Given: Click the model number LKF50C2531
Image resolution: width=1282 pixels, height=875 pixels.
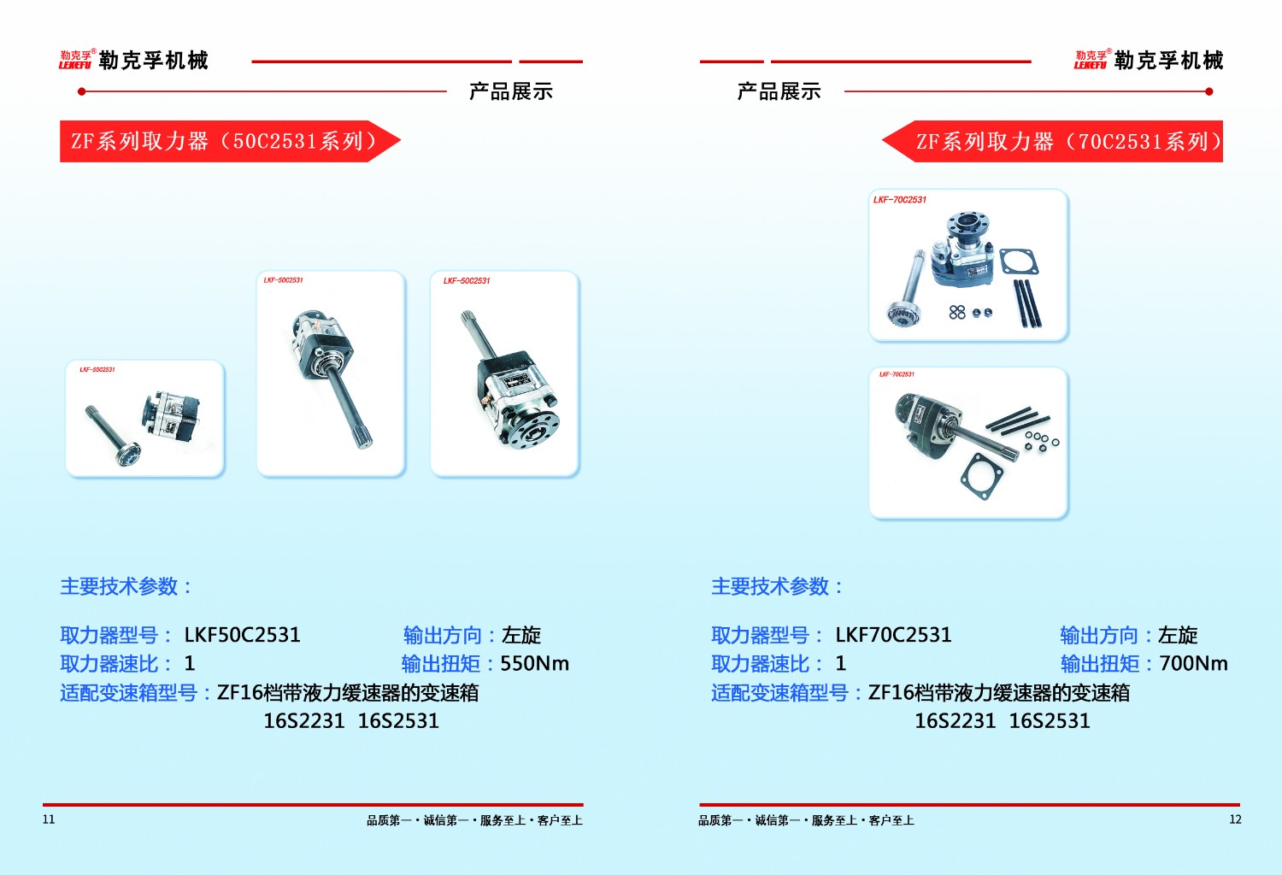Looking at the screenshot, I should (242, 636).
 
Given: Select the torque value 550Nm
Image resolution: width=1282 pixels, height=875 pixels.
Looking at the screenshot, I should (534, 664).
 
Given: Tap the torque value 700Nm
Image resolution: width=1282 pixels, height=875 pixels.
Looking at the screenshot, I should (1193, 664).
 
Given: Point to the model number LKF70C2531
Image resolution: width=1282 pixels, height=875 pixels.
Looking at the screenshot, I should (893, 636).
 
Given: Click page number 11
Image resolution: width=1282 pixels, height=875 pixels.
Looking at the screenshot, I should (49, 819).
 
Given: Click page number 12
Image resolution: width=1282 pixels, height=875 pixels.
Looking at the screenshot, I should (1235, 819).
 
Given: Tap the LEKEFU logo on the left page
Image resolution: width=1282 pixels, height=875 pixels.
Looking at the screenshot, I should (75, 60).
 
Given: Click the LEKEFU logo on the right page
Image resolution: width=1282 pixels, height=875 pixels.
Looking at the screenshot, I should (1091, 60).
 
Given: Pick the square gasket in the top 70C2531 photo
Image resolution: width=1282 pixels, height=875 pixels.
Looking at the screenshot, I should (1019, 261).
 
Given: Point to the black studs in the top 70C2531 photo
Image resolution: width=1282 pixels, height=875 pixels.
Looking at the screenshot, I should (1026, 303).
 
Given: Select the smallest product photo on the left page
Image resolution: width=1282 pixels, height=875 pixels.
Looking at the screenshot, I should (144, 418).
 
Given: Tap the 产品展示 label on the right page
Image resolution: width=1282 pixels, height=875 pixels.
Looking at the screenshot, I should (779, 91).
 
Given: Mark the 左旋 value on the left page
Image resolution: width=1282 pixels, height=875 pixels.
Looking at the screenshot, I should (521, 636).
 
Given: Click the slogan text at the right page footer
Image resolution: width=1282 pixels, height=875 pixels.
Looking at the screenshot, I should (806, 820).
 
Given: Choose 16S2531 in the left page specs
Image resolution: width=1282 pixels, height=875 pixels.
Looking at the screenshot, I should (398, 721).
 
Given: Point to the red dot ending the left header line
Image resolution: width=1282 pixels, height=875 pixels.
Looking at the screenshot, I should (81, 91).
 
